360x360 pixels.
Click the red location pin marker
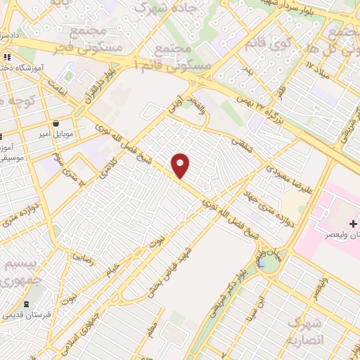coord(181,165)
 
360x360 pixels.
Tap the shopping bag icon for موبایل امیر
coord(75,124)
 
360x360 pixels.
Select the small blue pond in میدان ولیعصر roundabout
coord(267,264)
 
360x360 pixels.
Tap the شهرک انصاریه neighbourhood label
coord(304,332)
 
